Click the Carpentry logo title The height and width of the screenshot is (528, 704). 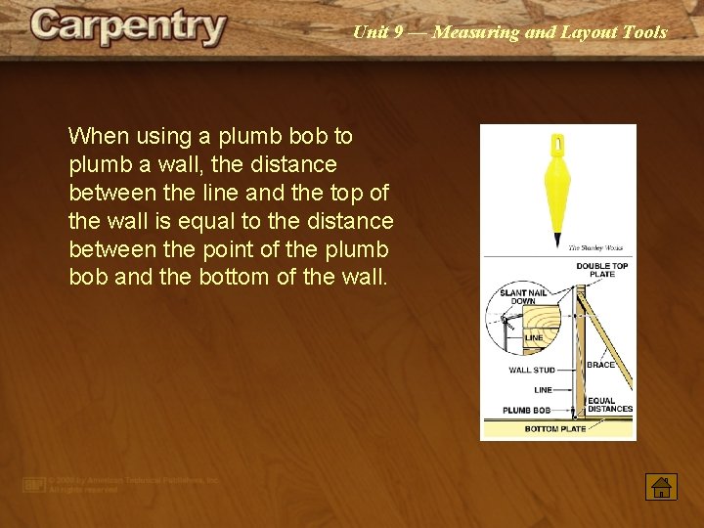click(128, 26)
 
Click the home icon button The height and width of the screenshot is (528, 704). click(661, 486)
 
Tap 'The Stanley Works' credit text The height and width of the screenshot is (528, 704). click(595, 248)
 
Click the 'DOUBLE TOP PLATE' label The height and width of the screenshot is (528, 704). click(602, 270)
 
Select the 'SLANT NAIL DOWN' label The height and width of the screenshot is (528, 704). click(523, 297)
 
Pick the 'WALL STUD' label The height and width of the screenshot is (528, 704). click(532, 371)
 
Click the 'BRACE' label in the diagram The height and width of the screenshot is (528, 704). click(600, 365)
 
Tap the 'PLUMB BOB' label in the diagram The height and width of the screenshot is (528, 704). click(527, 410)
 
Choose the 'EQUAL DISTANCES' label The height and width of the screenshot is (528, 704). click(610, 405)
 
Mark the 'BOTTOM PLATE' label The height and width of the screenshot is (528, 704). click(555, 429)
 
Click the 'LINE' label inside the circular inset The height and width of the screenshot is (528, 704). click(534, 338)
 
